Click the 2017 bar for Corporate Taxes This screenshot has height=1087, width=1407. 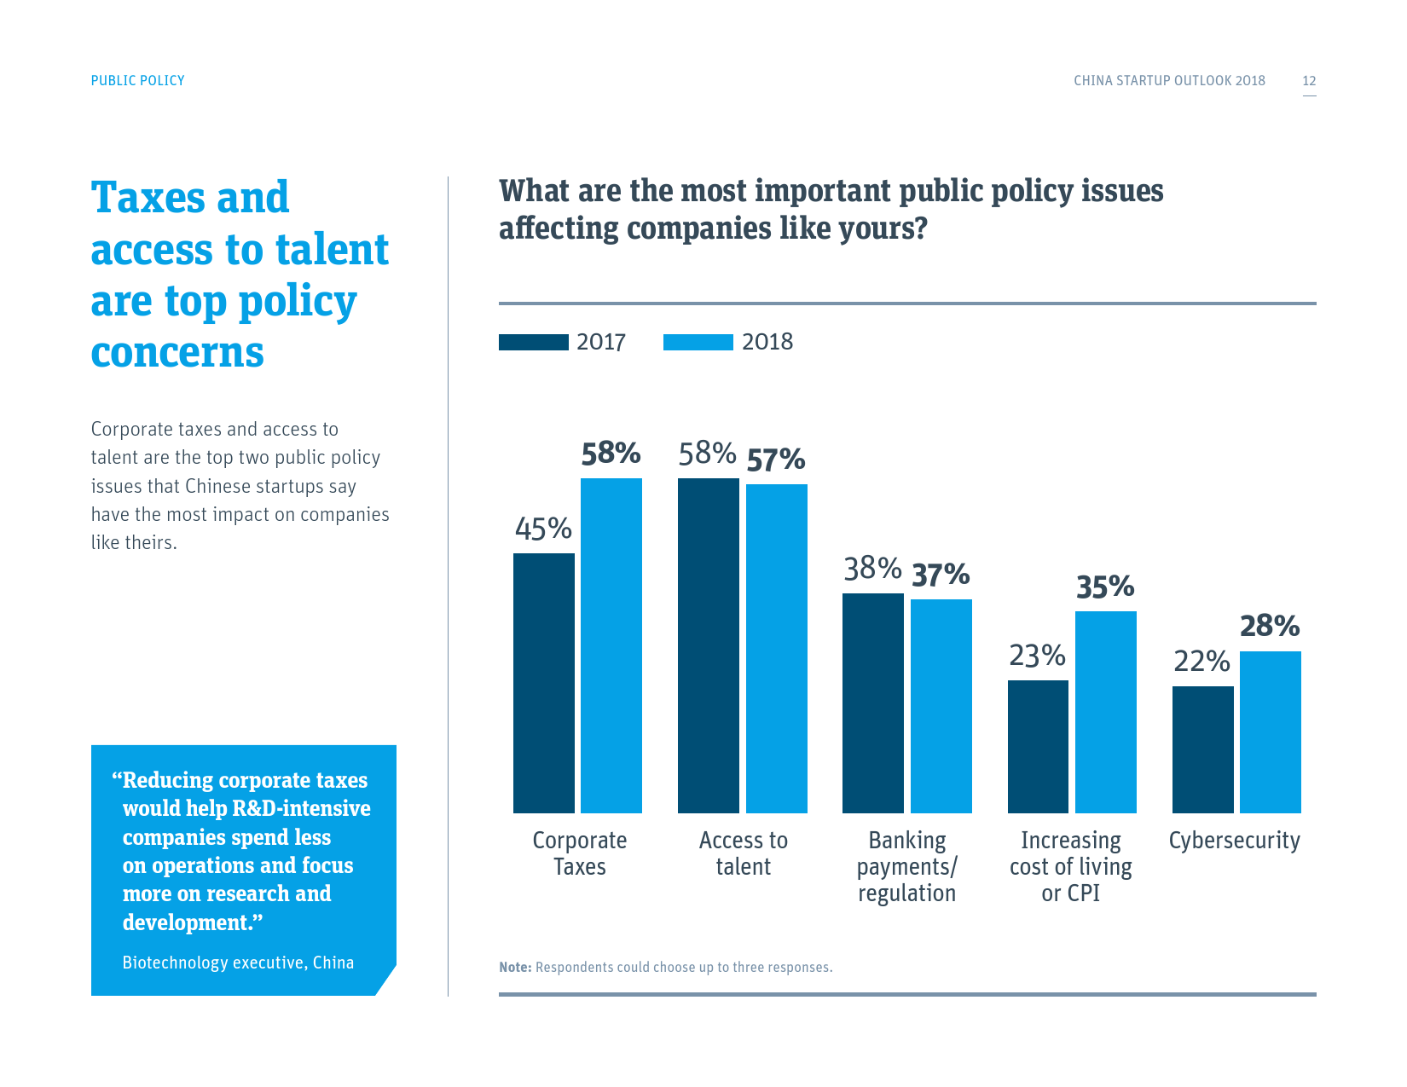[x=543, y=683]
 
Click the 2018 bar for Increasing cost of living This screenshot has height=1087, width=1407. [x=1105, y=712]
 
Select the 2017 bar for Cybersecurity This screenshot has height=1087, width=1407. [x=1202, y=749]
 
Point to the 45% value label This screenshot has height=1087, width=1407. [x=543, y=529]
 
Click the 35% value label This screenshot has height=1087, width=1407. [x=1105, y=587]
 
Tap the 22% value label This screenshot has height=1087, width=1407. [x=1201, y=662]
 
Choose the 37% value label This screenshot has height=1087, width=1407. [x=941, y=575]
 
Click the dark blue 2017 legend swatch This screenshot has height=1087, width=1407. [x=533, y=342]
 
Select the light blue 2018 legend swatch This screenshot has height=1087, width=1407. [x=698, y=342]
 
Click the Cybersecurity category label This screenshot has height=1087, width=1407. [x=1234, y=841]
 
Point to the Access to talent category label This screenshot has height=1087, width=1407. [x=743, y=853]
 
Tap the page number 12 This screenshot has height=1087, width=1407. [x=1309, y=81]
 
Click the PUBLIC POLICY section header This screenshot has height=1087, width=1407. [x=137, y=80]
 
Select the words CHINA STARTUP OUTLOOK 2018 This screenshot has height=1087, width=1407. [x=1169, y=81]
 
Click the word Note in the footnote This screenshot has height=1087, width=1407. [x=514, y=968]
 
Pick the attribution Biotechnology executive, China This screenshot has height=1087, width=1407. [x=238, y=963]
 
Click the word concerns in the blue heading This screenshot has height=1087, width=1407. [x=177, y=352]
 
